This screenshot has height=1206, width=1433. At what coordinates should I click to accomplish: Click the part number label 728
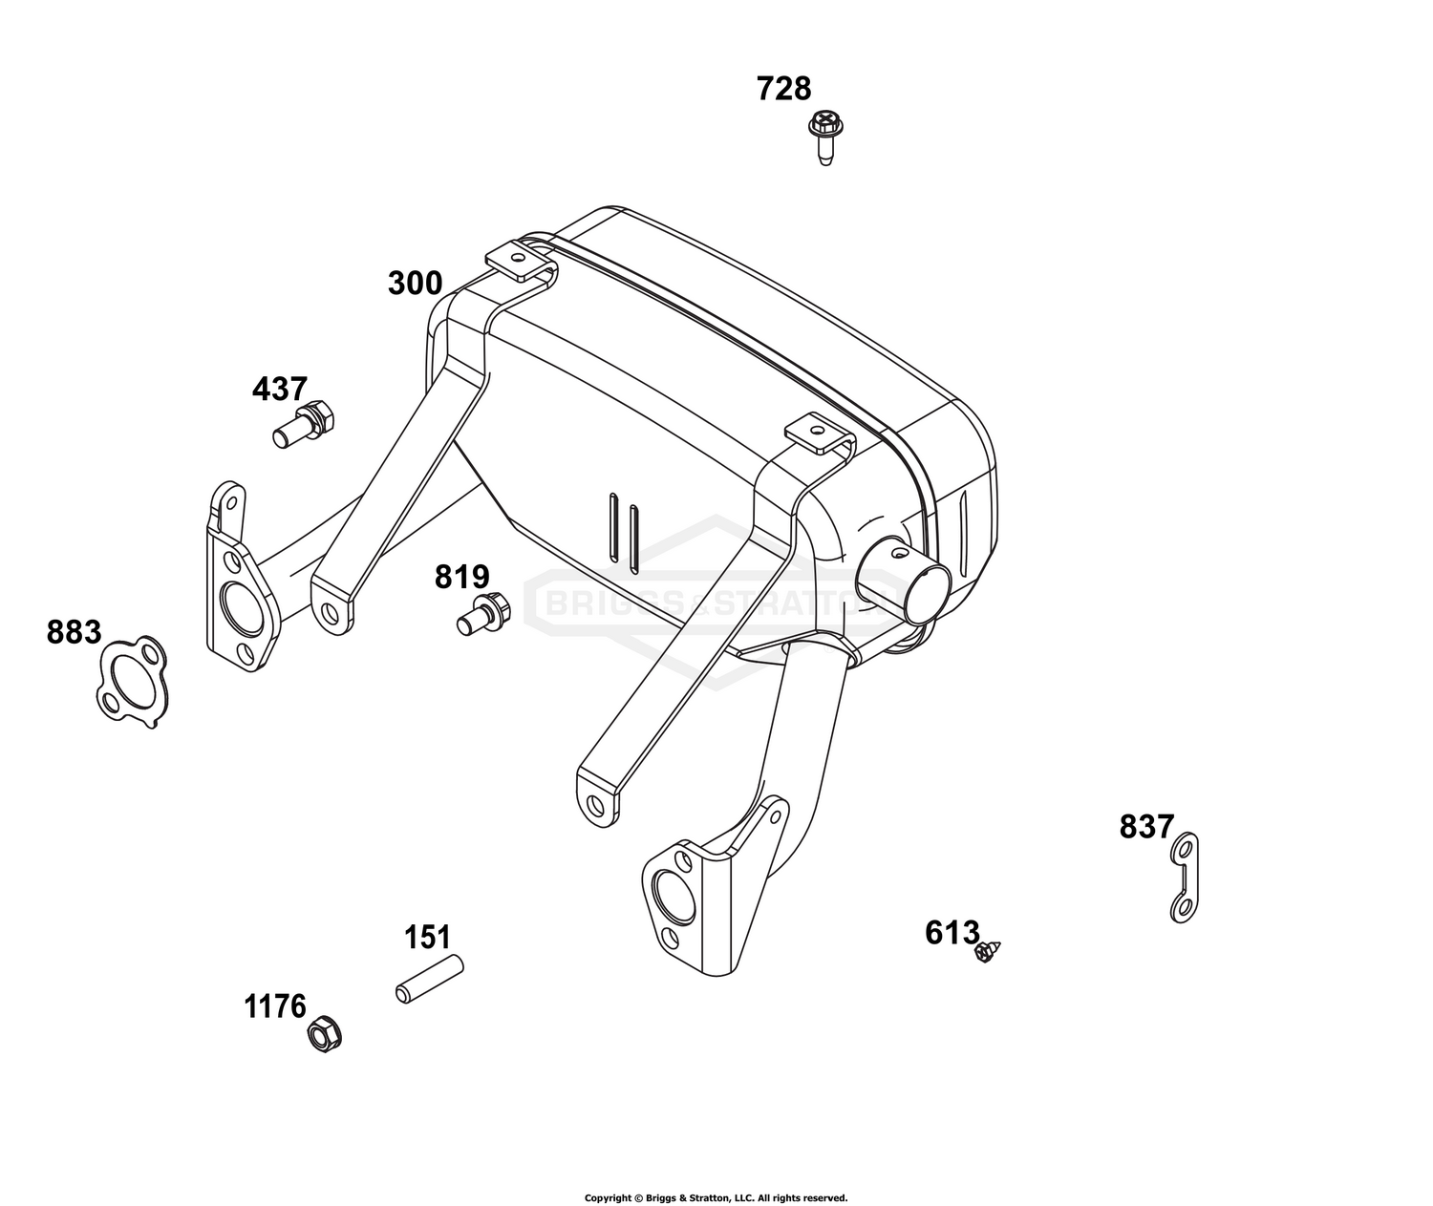click(x=783, y=89)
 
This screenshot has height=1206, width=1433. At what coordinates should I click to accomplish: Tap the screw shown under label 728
click(x=825, y=138)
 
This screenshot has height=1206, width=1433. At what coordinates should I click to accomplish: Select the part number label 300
click(x=416, y=284)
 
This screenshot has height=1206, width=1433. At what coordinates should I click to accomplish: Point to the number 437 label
click(x=279, y=390)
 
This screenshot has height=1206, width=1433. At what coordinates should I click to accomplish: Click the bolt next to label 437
click(x=304, y=423)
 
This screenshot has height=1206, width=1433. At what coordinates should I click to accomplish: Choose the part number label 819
click(x=461, y=577)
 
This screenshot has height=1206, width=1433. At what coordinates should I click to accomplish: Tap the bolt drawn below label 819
click(x=483, y=614)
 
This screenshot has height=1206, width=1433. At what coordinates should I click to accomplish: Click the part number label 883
click(x=74, y=632)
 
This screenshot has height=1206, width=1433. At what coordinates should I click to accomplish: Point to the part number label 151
click(x=427, y=938)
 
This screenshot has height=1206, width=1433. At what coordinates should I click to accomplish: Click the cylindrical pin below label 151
click(x=430, y=979)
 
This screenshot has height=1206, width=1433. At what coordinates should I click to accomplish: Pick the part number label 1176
click(x=274, y=1007)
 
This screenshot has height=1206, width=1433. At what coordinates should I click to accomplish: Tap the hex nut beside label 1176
click(x=325, y=1034)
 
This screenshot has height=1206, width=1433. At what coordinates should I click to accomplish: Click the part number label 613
click(x=952, y=933)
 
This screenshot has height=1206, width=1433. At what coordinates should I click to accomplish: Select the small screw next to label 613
click(x=987, y=952)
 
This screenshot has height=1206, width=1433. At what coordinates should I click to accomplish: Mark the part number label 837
click(x=1146, y=827)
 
